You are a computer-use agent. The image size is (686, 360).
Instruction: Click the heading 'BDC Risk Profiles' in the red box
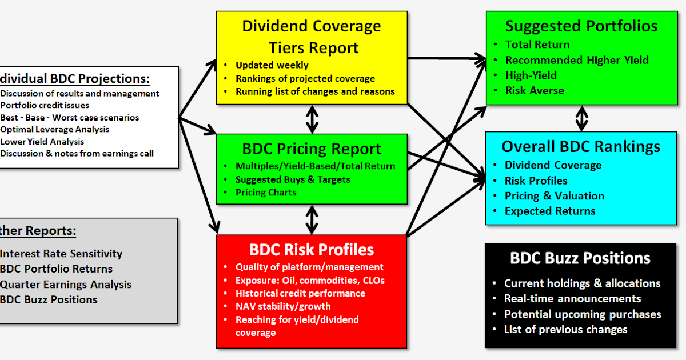312,250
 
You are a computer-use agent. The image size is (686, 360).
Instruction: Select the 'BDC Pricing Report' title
312,149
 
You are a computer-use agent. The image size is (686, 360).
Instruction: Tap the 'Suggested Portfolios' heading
581,26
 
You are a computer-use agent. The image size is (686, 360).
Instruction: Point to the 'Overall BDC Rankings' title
581,147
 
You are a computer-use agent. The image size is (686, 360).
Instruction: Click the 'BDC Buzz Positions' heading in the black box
580,258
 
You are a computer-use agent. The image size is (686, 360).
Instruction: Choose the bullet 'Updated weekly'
272,65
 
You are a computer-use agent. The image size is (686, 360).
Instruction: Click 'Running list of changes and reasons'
315,91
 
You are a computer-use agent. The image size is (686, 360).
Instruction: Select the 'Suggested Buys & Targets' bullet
293,179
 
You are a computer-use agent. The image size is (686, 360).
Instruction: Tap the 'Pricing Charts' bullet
266,193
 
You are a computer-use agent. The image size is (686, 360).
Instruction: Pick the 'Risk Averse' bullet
535,90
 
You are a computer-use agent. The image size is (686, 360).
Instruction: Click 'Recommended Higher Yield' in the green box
577,60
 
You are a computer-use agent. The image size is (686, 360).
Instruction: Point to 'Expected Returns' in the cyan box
550,211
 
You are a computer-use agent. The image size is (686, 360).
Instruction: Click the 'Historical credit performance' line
300,293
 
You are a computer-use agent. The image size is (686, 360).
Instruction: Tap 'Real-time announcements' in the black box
572,299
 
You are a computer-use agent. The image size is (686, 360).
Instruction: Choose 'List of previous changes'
565,329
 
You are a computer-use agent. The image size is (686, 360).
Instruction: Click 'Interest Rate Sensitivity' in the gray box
61,254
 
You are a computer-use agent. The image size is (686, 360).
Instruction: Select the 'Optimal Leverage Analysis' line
55,130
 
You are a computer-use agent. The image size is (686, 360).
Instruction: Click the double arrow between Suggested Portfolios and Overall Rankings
581,118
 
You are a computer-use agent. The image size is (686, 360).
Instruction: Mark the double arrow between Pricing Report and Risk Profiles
312,219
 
